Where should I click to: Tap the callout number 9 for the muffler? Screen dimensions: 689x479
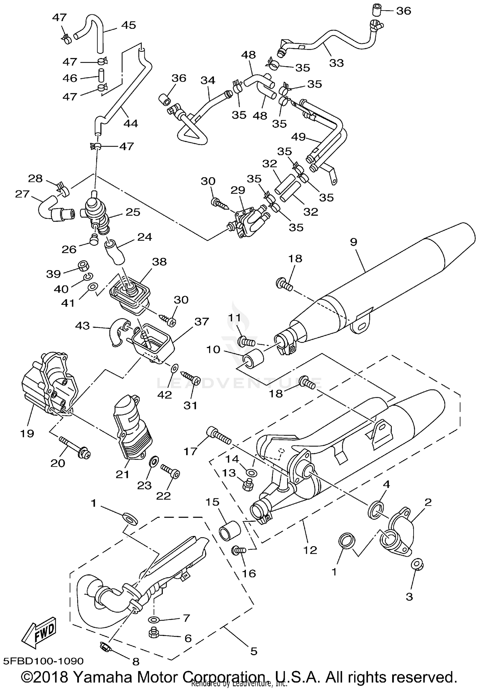[x=353, y=242]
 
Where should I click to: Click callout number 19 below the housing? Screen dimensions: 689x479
[x=27, y=434]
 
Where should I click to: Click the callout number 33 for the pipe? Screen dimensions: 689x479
[x=336, y=63]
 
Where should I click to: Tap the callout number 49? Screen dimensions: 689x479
[x=299, y=137]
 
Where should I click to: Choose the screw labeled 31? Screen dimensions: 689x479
[x=191, y=379]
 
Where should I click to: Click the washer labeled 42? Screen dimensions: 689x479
[x=175, y=368]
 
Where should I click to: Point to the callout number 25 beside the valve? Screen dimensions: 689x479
[x=133, y=212]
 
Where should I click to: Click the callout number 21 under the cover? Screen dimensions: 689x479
[x=122, y=475]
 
